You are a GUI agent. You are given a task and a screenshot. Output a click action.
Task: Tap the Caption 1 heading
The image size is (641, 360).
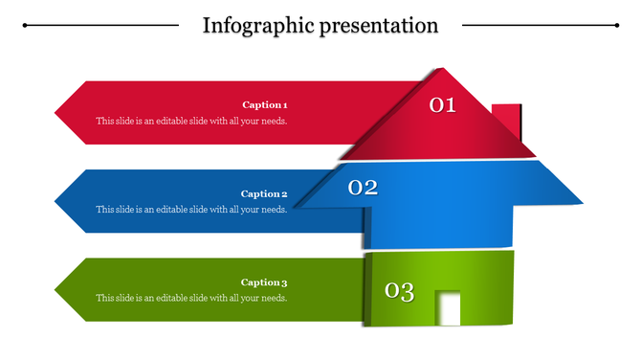point(264,105)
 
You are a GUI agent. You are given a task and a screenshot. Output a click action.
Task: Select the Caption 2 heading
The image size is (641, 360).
point(264,194)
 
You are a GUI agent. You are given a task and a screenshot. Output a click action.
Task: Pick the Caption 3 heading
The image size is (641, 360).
point(264,282)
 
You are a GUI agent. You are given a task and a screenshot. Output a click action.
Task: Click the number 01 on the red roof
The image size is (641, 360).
point(442,105)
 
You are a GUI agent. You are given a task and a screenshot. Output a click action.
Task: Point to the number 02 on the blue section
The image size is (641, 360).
point(363,188)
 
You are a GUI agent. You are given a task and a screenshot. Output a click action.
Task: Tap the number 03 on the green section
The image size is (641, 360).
point(399,291)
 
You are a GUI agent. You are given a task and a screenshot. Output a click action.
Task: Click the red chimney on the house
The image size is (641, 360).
point(507,121)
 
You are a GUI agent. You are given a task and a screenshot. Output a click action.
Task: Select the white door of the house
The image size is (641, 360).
point(449,308)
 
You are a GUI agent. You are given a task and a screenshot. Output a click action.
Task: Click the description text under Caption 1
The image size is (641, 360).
point(191,122)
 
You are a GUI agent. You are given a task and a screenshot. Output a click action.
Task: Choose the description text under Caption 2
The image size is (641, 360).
point(191,210)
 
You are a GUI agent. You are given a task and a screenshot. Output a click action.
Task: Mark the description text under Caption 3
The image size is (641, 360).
point(191,299)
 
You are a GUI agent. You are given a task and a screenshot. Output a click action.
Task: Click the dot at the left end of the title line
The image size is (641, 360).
point(25,26)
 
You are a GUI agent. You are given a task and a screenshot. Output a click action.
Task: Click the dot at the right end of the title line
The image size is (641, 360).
point(616,26)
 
